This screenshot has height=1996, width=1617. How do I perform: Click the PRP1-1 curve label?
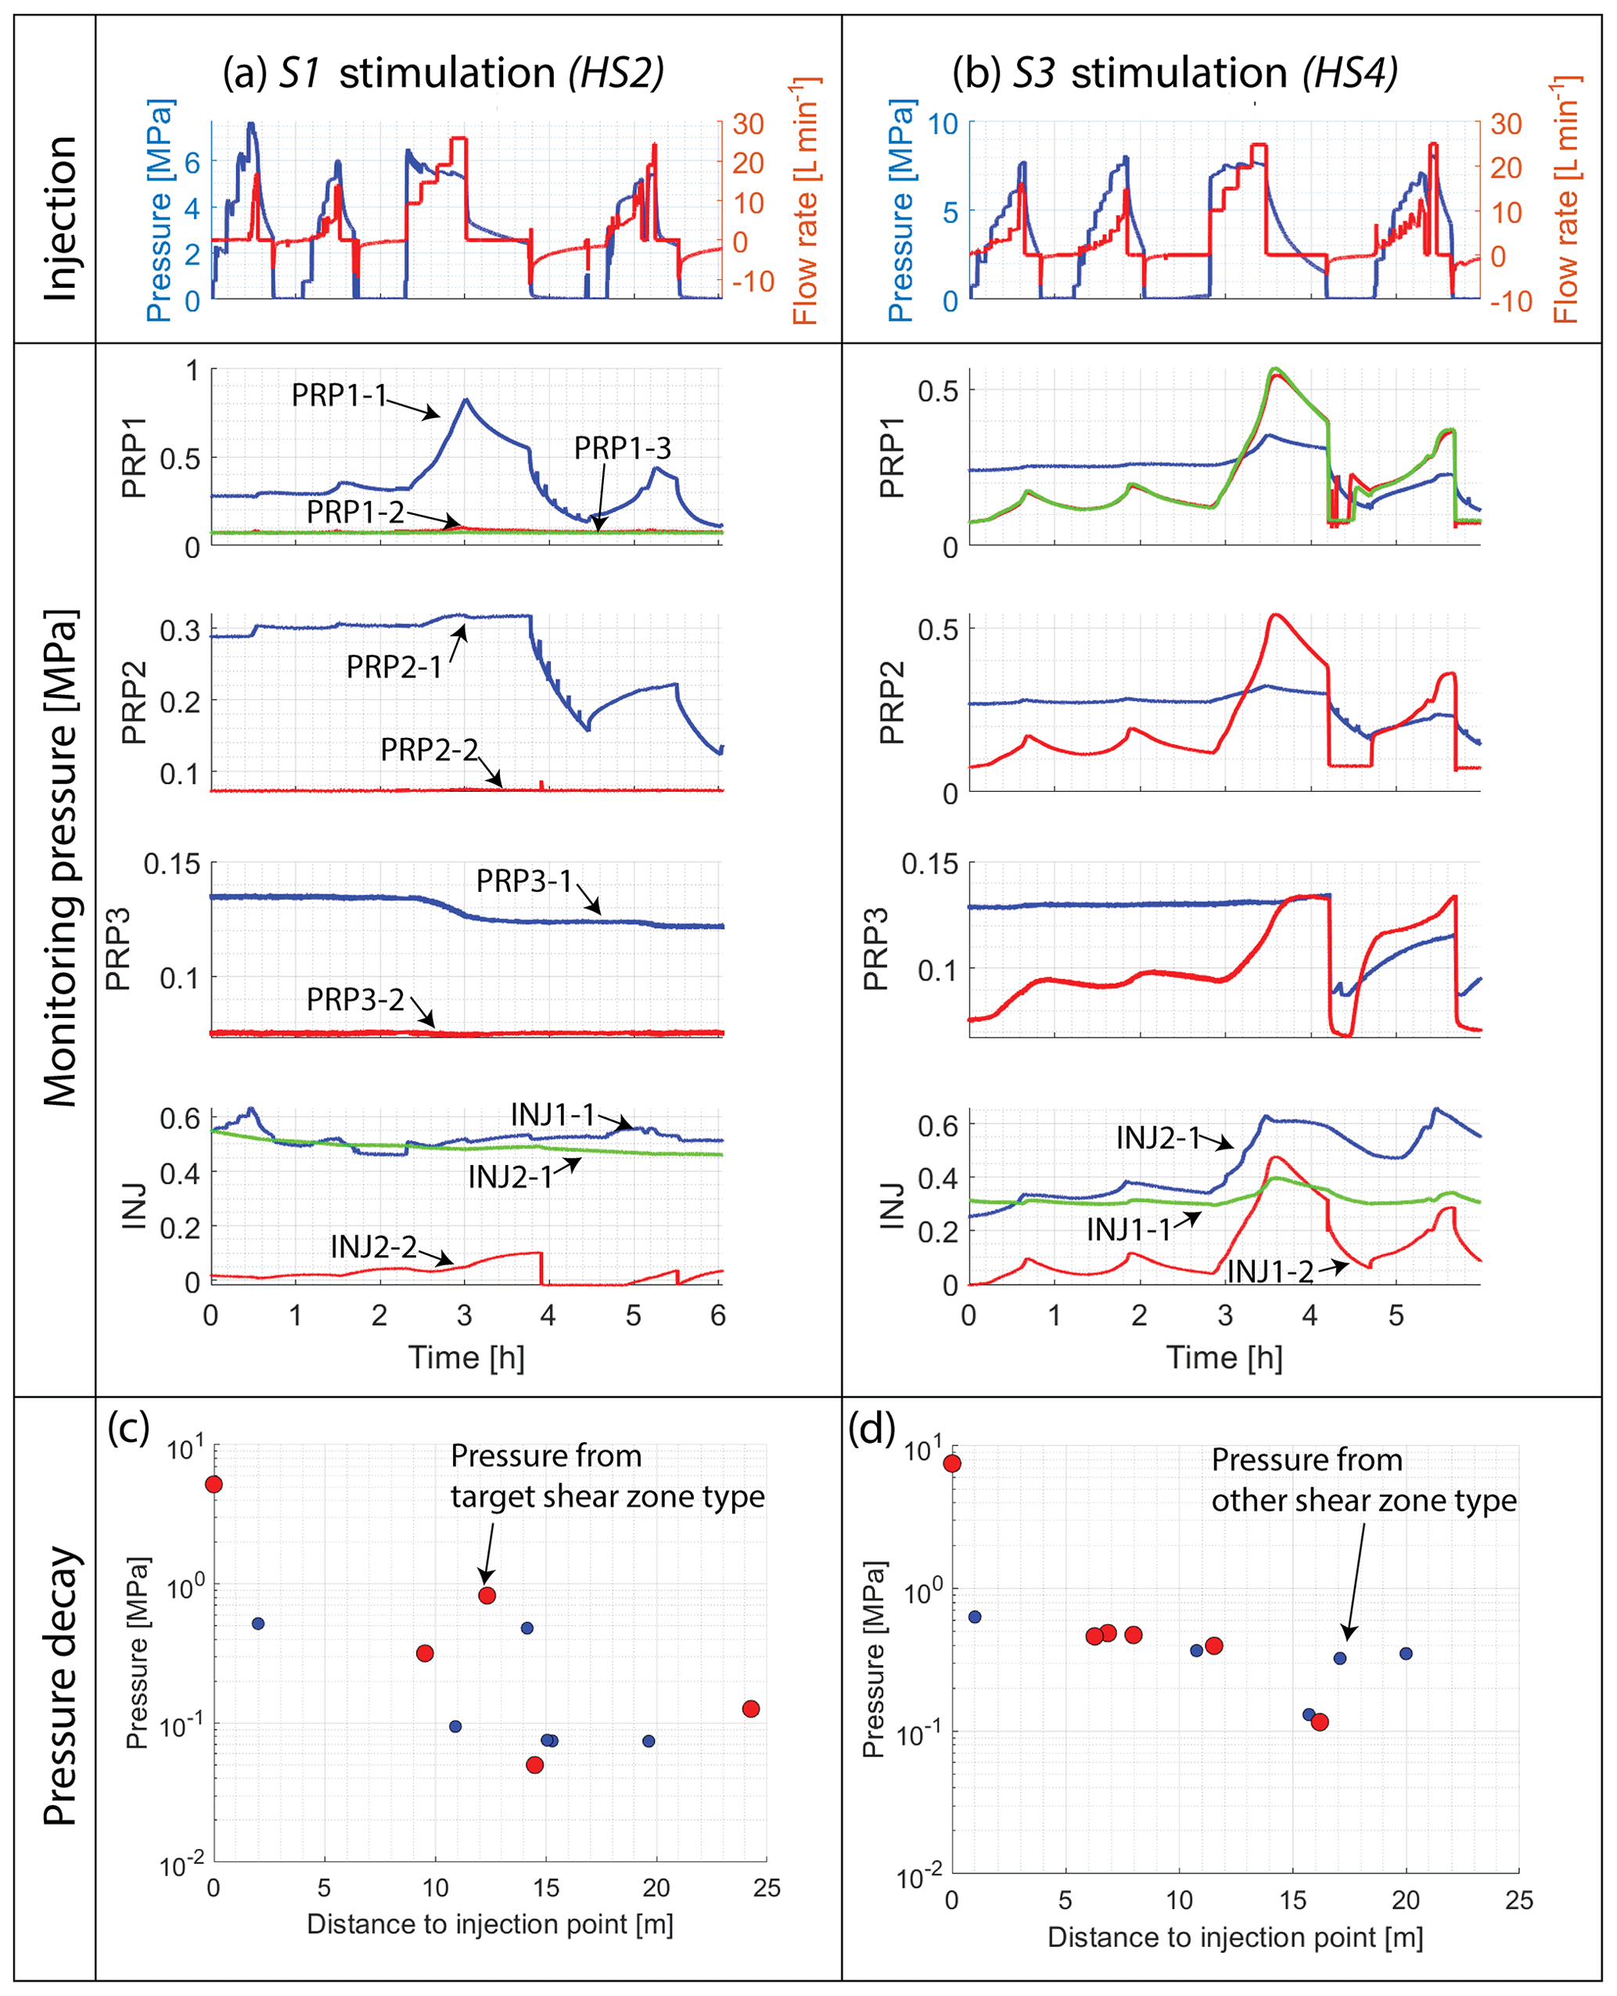pos(339,395)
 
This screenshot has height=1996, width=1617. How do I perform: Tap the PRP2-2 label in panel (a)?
pos(429,749)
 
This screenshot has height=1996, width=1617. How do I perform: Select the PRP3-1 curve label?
pos(523,880)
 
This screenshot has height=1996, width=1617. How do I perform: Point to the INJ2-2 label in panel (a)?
pos(373,1246)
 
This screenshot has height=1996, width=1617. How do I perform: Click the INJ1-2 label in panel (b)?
pos(1270,1271)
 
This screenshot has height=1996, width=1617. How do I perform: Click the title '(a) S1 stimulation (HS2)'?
pos(444,73)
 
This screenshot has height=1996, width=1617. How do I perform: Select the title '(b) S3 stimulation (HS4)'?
pos(1176,73)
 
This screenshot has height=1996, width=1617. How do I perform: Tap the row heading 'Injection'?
pos(59,218)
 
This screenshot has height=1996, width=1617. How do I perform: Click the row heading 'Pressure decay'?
pos(59,1686)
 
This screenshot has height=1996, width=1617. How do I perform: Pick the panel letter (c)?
pos(128,1427)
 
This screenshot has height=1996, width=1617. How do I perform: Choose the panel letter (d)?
pos(871,1427)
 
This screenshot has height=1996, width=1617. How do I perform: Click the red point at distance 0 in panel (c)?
pos(214,1484)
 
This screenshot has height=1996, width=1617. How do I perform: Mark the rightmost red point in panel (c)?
pos(751,1708)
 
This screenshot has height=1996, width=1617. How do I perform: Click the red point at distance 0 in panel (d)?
pos(952,1463)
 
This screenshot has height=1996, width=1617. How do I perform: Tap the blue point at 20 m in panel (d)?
pos(1406,1653)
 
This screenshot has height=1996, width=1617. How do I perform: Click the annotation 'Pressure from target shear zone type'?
pos(607,1476)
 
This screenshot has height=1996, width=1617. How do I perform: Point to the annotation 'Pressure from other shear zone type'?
pos(1364,1480)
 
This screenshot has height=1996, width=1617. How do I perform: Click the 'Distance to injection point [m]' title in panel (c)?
pos(490,1923)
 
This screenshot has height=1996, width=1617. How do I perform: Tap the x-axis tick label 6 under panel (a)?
pos(718,1315)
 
